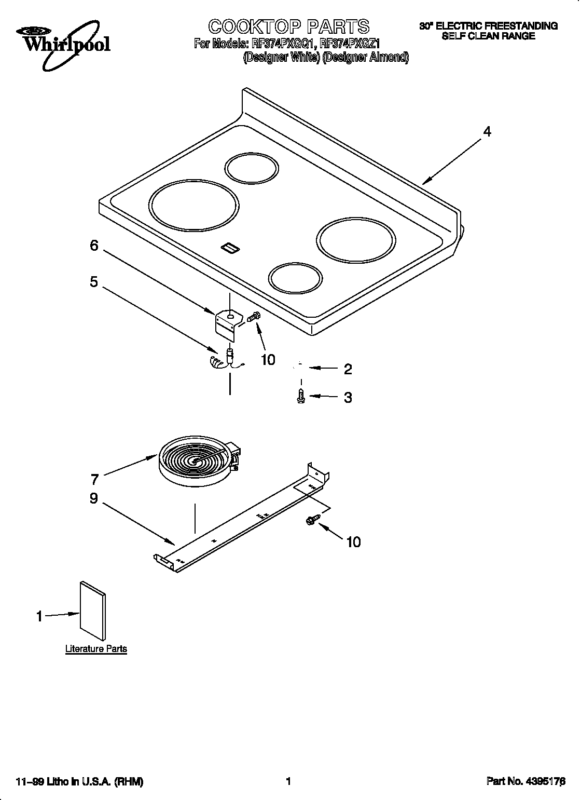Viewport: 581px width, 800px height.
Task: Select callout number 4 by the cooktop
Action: click(x=487, y=132)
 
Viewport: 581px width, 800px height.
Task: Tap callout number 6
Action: click(x=94, y=246)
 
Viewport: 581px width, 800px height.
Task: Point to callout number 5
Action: click(x=94, y=282)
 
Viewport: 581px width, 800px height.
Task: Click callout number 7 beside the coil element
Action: click(x=94, y=479)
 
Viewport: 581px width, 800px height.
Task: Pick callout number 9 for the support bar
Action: click(x=94, y=498)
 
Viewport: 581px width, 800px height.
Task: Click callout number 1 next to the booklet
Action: click(x=39, y=616)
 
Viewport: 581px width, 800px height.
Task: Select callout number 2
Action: click(x=348, y=369)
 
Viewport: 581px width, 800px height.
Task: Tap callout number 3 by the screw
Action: click(x=348, y=398)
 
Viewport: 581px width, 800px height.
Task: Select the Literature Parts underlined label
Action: click(x=96, y=648)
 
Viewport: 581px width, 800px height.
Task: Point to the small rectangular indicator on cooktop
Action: click(x=229, y=249)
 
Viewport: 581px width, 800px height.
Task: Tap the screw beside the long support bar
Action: click(x=314, y=519)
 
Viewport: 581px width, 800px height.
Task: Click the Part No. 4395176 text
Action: click(x=525, y=781)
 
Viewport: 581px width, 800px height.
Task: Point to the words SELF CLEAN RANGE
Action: click(x=488, y=36)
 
